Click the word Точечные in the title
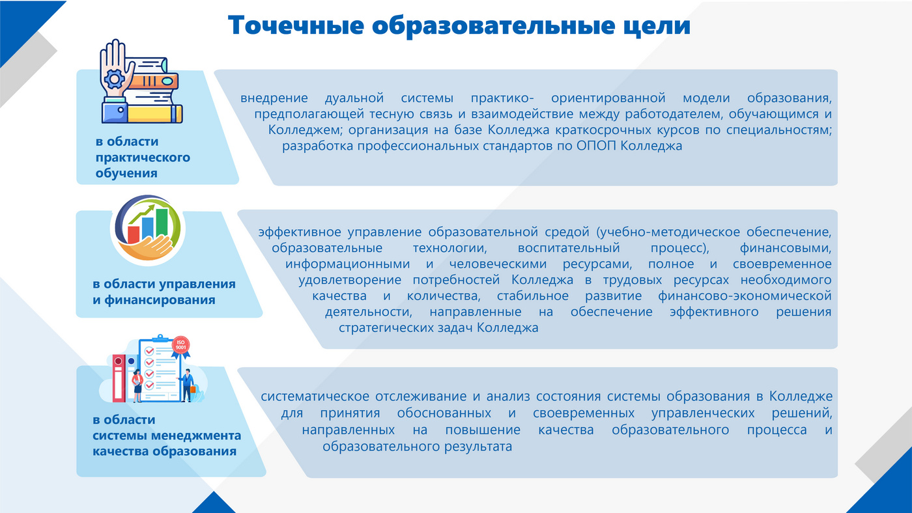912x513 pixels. click(x=296, y=25)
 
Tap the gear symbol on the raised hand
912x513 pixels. click(x=114, y=79)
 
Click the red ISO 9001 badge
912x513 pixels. click(x=180, y=345)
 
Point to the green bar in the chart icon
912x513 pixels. click(x=162, y=222)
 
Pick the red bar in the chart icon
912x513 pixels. click(x=134, y=235)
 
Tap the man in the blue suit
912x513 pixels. click(x=188, y=385)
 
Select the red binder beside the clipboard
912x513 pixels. click(x=119, y=378)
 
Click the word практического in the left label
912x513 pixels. click(x=143, y=158)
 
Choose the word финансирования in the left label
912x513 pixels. click(x=160, y=300)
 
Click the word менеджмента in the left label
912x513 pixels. click(x=196, y=436)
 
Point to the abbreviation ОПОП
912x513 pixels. click(x=597, y=146)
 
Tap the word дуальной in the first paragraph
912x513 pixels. click(x=354, y=98)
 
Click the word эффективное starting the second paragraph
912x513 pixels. click(x=300, y=232)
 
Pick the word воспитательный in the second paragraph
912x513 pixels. click(x=569, y=248)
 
